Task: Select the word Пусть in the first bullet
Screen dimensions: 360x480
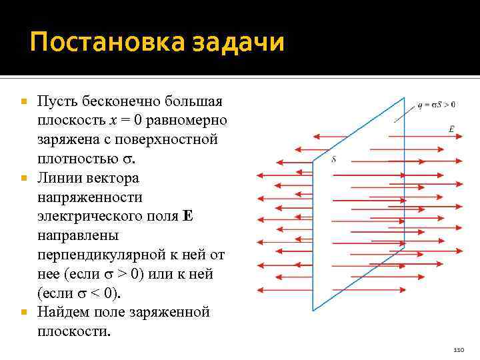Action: pyautogui.click(x=59, y=102)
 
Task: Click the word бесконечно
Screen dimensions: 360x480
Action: pyautogui.click(x=121, y=102)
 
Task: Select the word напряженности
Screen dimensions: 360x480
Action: pyautogui.click(x=90, y=198)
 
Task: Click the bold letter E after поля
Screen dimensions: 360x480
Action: pyautogui.click(x=187, y=217)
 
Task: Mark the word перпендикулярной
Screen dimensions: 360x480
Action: pyautogui.click(x=114, y=255)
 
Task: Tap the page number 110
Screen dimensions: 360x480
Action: pyautogui.click(x=457, y=350)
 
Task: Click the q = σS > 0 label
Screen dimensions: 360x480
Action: pyautogui.click(x=437, y=104)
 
